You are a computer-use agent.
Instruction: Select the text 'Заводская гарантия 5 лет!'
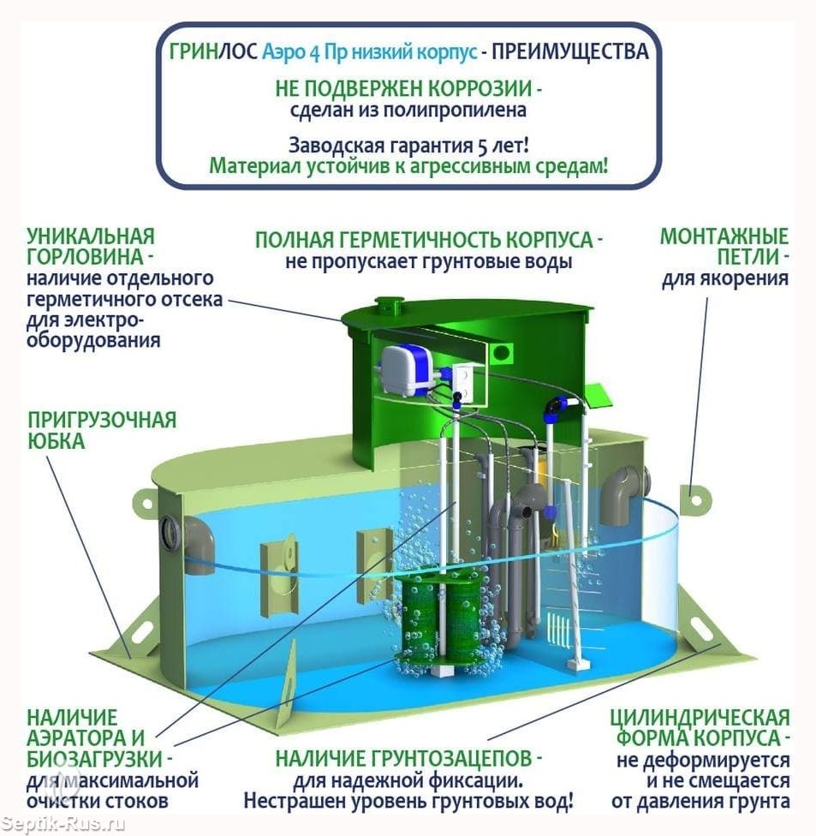(x=408, y=145)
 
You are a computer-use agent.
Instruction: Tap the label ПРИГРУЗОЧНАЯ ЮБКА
(x=101, y=430)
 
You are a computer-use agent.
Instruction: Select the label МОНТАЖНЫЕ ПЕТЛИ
(x=724, y=247)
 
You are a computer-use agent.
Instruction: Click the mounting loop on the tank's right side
(x=695, y=499)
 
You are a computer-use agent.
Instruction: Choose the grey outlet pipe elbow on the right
(x=625, y=493)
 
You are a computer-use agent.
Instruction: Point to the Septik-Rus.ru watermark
(x=63, y=824)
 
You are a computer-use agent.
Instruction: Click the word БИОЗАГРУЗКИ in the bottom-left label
(x=94, y=759)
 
